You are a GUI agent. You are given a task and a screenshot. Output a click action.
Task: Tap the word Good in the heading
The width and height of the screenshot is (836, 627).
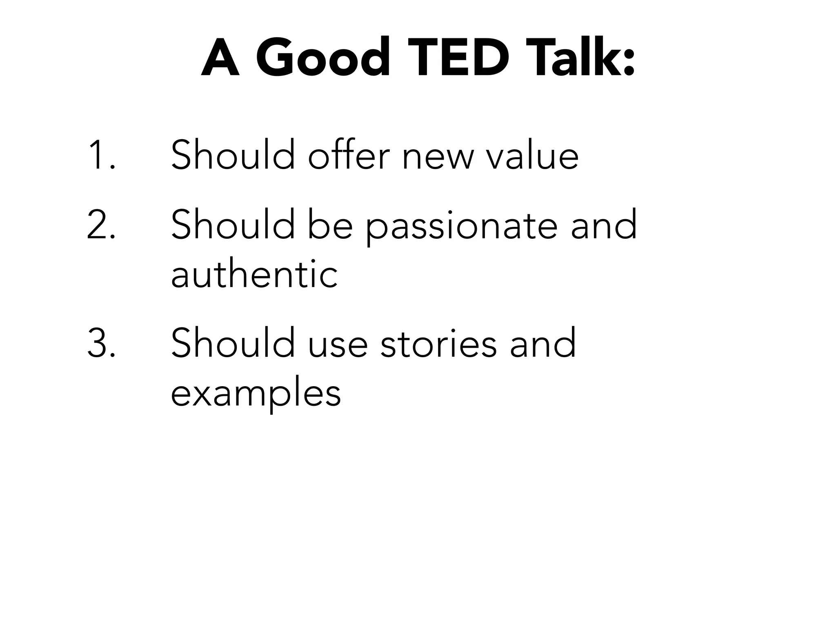click(322, 58)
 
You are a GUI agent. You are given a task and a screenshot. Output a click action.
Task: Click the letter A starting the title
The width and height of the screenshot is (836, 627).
click(220, 58)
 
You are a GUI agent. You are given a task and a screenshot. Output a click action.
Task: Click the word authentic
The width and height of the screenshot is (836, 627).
click(254, 274)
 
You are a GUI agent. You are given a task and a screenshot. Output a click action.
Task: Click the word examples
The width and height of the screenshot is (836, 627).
click(256, 394)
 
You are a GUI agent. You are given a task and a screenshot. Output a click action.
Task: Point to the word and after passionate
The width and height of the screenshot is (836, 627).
click(603, 225)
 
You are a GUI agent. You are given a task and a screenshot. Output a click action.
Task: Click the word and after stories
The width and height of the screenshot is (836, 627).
click(543, 344)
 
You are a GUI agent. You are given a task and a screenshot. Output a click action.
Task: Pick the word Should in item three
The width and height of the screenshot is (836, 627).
click(233, 344)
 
